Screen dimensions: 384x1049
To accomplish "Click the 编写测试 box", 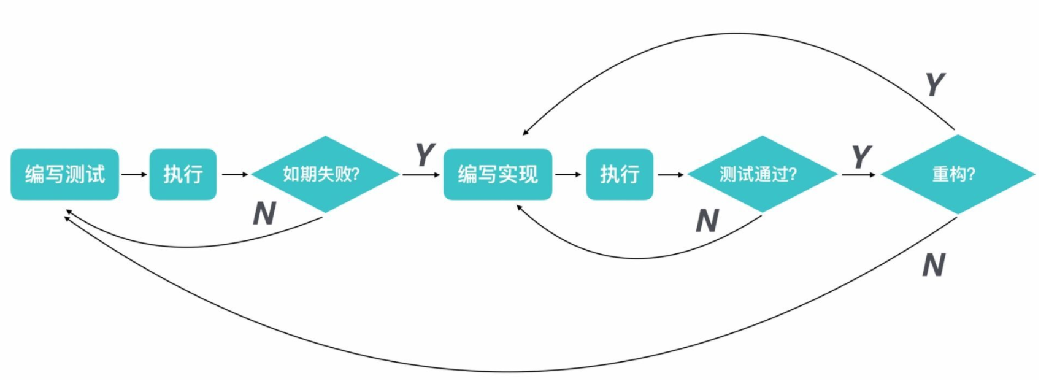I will [64, 174].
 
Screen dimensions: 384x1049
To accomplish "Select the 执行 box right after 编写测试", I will [183, 174].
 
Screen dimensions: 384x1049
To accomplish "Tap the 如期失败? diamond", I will [325, 174].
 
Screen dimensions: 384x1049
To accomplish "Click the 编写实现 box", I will [498, 174].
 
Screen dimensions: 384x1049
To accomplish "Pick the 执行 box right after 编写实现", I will [620, 174].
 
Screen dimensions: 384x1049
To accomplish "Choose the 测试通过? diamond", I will [762, 174].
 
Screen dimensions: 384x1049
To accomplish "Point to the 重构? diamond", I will [957, 174].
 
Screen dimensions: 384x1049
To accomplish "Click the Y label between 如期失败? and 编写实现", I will [425, 155].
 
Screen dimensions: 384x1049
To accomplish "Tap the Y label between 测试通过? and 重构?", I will [861, 156].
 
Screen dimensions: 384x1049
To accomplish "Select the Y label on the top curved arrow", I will [934, 84].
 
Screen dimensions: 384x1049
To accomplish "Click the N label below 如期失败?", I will [264, 213].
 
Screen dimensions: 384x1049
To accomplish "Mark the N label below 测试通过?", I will [707, 220].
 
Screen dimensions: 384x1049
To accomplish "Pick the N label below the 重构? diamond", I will [933, 265].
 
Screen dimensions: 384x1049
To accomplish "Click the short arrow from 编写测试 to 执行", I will [134, 174].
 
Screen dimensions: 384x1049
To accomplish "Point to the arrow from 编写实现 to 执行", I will [569, 174].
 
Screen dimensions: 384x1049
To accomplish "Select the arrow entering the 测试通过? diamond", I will [671, 175].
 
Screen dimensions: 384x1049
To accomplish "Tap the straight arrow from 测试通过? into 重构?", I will [858, 175].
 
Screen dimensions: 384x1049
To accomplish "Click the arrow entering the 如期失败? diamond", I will [234, 174].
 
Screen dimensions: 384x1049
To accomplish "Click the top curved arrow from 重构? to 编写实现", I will [736, 34].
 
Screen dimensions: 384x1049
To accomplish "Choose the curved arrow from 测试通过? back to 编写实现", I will [638, 258].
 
